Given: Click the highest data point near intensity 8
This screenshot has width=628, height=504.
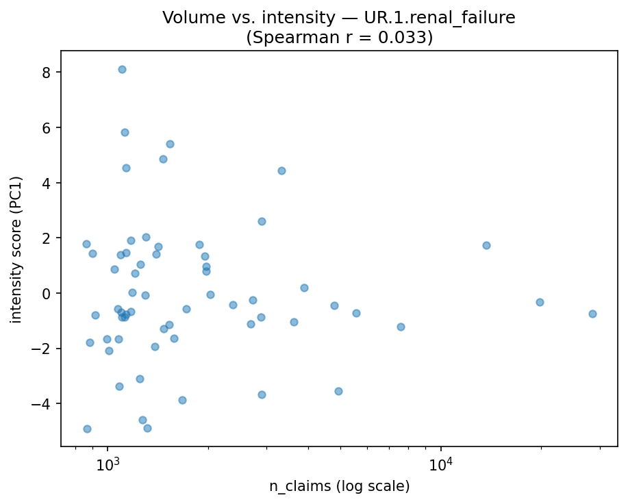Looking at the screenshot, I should coord(122,69).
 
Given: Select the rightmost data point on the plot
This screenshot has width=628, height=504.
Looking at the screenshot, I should coord(592,314).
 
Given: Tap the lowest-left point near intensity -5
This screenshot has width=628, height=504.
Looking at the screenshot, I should coord(87,429).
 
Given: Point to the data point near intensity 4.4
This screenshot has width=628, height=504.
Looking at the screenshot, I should coord(281,171).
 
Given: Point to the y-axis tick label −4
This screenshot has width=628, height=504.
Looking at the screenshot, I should coord(40,404).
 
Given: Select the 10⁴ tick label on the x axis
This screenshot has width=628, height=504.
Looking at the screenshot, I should coord(440,465).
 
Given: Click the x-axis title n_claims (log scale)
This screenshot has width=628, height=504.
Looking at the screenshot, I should coord(339,487).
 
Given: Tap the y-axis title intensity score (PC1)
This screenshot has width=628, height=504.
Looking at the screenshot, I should coord(16,249).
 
